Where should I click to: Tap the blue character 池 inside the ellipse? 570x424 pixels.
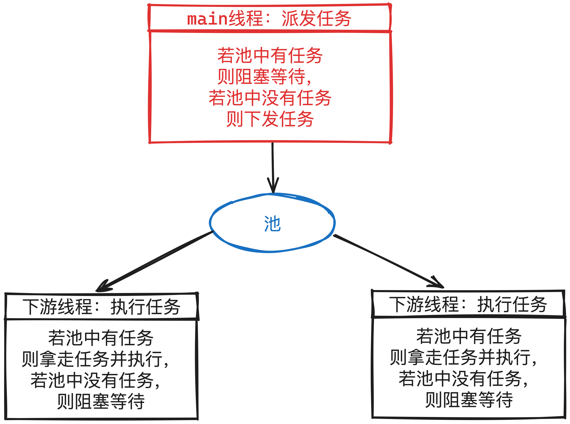coord(272,224)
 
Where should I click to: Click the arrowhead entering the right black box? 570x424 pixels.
coord(438,283)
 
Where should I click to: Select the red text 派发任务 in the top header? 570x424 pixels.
coord(316,19)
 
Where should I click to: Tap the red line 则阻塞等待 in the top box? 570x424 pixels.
coord(264,76)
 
